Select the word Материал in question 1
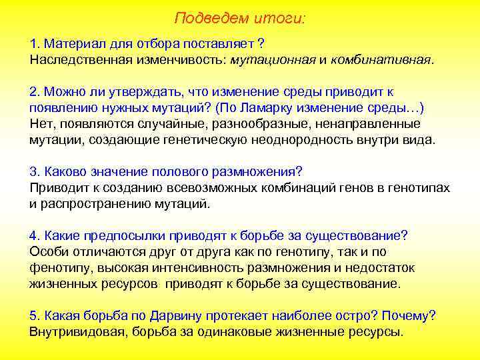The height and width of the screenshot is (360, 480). [69, 44]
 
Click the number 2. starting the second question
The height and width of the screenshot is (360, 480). [35, 91]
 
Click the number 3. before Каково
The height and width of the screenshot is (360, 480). [35, 171]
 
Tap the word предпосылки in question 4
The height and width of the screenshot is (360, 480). [125, 235]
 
